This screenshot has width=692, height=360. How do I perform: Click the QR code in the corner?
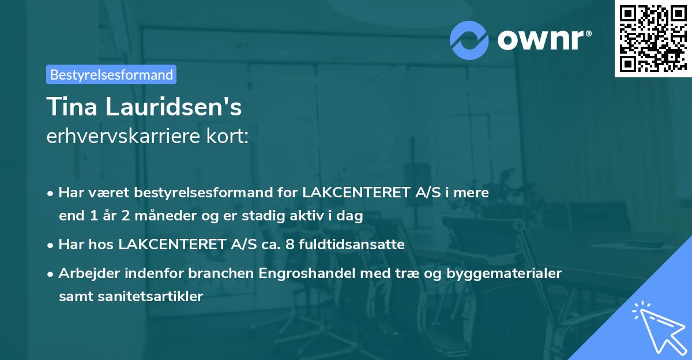click(x=653, y=38)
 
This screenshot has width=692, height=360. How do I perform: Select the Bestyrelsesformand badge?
click(x=111, y=74)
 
